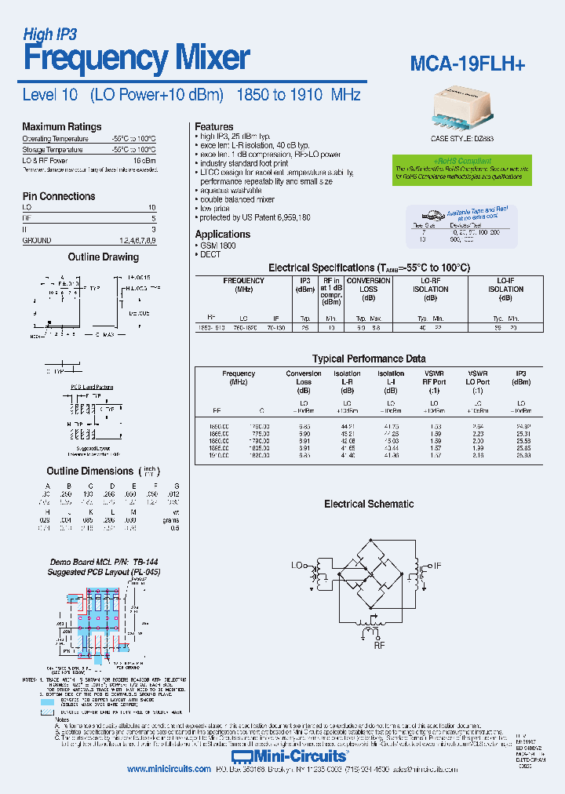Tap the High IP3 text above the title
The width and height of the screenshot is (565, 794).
pos(50,34)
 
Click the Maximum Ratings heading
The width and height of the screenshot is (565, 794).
pos(61,126)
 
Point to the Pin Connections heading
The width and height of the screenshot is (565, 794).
pos(59,196)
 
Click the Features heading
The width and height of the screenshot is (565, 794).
pos(213,126)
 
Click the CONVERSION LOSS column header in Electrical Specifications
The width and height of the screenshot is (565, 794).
pos(368,285)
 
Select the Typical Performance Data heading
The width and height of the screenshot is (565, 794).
pos(369,359)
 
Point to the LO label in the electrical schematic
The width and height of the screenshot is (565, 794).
pos(298,564)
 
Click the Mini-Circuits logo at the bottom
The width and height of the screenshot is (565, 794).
pos(302,756)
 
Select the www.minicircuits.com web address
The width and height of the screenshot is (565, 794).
pos(169,769)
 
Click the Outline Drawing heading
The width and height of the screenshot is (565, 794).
pos(103,257)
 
